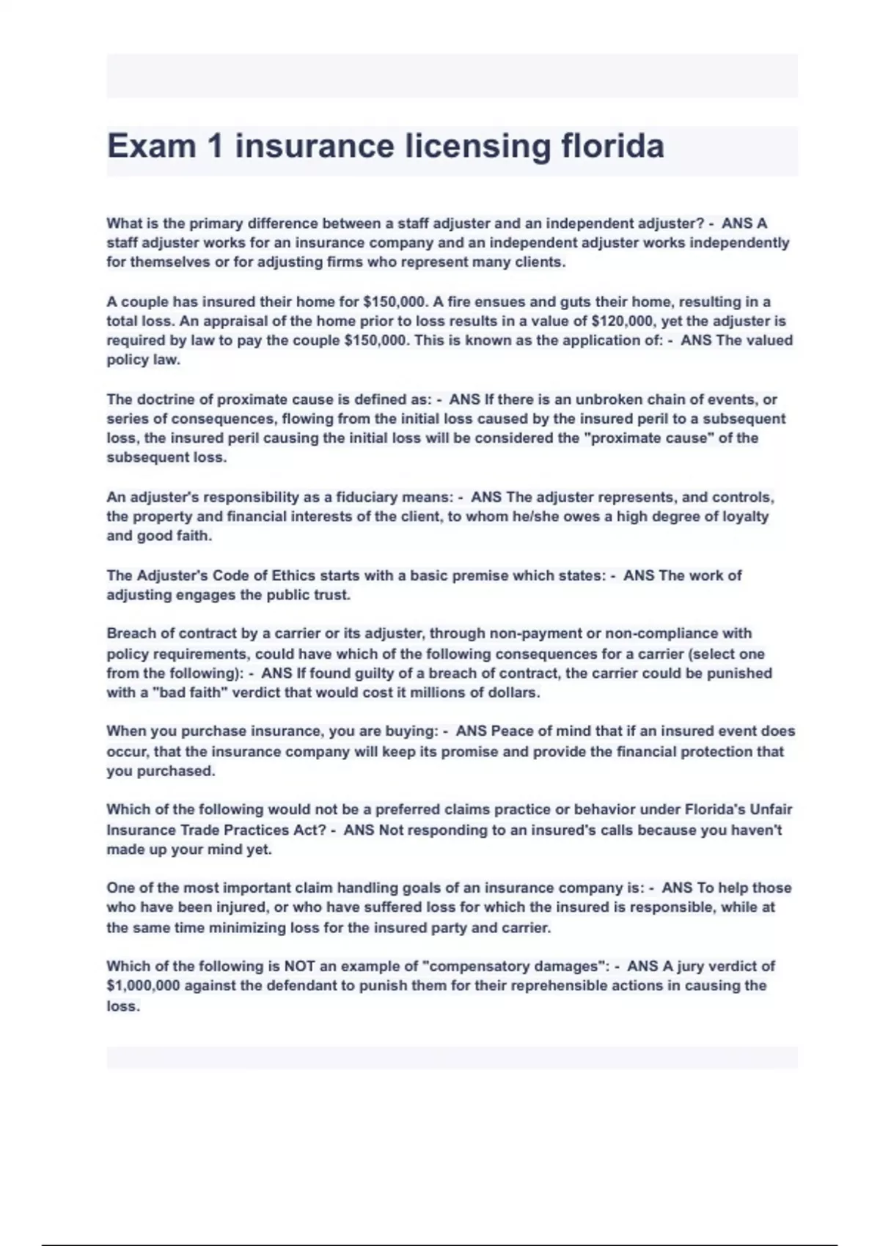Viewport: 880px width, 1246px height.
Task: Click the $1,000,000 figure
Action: point(143,986)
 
